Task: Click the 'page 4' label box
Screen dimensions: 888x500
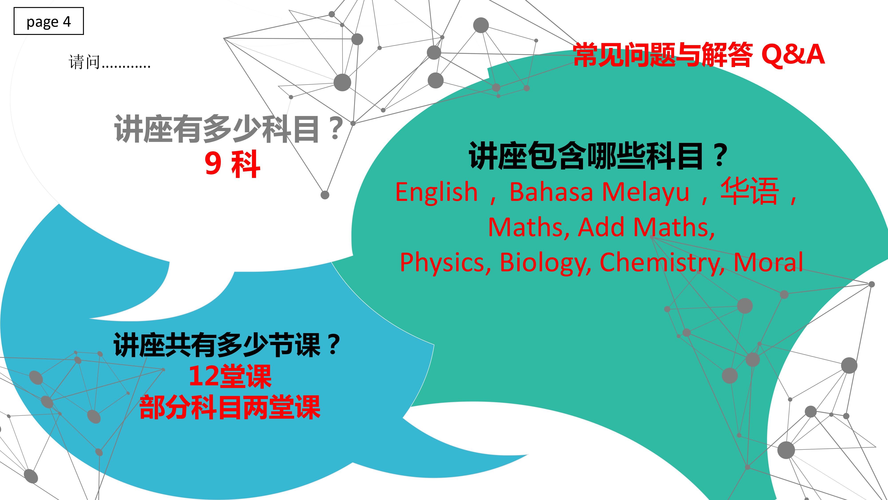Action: point(49,21)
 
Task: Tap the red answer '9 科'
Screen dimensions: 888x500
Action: point(232,165)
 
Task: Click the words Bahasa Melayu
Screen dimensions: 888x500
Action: point(599,192)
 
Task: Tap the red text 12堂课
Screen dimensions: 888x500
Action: point(230,376)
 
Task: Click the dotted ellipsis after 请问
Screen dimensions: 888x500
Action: point(126,66)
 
